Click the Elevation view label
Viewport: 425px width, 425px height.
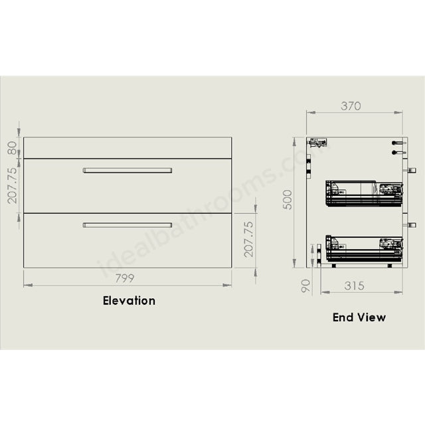pyautogui.click(x=129, y=300)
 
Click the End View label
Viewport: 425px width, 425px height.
pyautogui.click(x=359, y=317)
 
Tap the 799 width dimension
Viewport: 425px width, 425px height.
pyautogui.click(x=128, y=278)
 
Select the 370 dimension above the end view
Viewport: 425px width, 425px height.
pyautogui.click(x=351, y=106)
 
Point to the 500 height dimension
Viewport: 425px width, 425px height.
pyautogui.click(x=288, y=199)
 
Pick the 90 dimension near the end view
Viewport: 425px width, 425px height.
pyautogui.click(x=305, y=286)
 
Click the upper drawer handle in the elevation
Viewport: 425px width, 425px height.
pyautogui.click(x=127, y=171)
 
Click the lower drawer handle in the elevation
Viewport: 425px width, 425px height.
pyautogui.click(x=127, y=225)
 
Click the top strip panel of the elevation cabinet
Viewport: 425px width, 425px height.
pyautogui.click(x=127, y=148)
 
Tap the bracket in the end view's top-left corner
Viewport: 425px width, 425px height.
pyautogui.click(x=319, y=141)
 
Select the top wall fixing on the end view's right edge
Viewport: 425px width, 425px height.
pyautogui.click(x=399, y=143)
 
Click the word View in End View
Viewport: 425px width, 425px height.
pyautogui.click(x=372, y=317)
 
